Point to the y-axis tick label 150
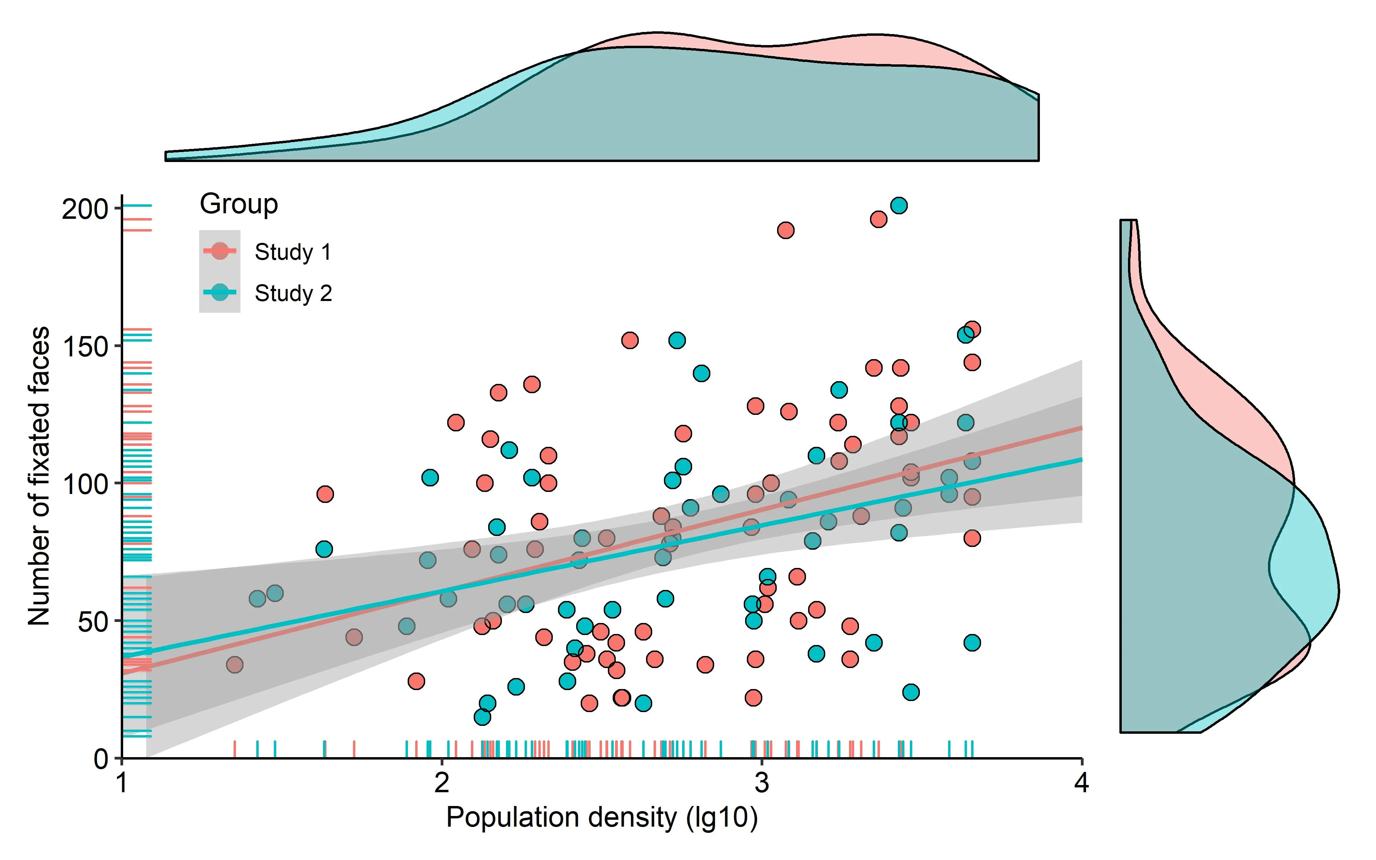pos(85,346)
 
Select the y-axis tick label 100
pos(85,484)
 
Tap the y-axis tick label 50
pos(93,622)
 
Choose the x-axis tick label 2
pos(442,783)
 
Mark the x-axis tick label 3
pos(762,783)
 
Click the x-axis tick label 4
pos(1082,783)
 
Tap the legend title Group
pos(239,204)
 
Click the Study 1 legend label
pos(293,252)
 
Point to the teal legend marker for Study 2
pos(219,292)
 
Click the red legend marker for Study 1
pos(219,251)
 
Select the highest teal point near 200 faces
pos(899,205)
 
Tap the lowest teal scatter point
pos(482,717)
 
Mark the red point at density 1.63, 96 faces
pos(325,494)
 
